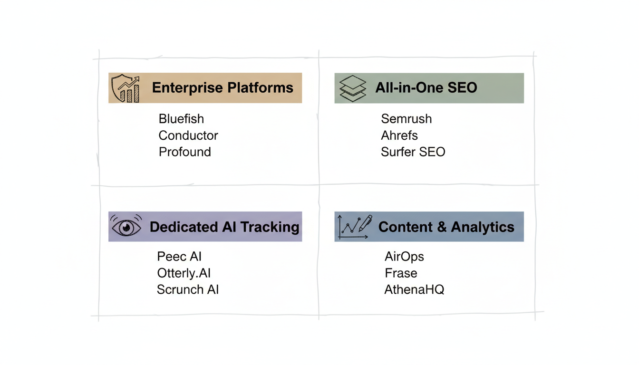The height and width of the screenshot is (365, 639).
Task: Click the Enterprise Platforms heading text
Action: (223, 88)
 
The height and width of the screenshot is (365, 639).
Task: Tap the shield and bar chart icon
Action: (126, 88)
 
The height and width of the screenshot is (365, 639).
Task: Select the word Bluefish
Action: (181, 119)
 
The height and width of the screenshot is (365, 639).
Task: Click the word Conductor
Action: (188, 135)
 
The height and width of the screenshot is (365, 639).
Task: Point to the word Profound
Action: (184, 152)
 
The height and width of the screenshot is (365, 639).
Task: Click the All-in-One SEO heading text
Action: (426, 88)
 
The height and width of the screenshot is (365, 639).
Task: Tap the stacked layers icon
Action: (353, 88)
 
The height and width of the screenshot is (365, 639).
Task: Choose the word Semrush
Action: (407, 119)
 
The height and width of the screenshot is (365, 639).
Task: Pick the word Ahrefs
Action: (399, 135)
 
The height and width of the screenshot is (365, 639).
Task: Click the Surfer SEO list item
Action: (413, 152)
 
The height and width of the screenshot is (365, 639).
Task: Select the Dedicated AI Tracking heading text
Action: (224, 227)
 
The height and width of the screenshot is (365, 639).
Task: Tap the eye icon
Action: (126, 227)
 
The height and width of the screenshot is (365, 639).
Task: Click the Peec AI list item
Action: (179, 257)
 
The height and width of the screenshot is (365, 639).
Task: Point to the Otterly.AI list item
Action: (184, 273)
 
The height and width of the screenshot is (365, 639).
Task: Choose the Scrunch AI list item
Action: (188, 290)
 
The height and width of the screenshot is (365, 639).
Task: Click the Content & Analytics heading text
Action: (446, 227)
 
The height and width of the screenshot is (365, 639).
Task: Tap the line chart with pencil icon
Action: (354, 227)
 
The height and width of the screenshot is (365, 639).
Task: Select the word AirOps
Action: (404, 257)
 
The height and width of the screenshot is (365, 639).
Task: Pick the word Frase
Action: (401, 273)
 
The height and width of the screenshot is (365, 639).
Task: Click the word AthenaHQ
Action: (414, 290)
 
